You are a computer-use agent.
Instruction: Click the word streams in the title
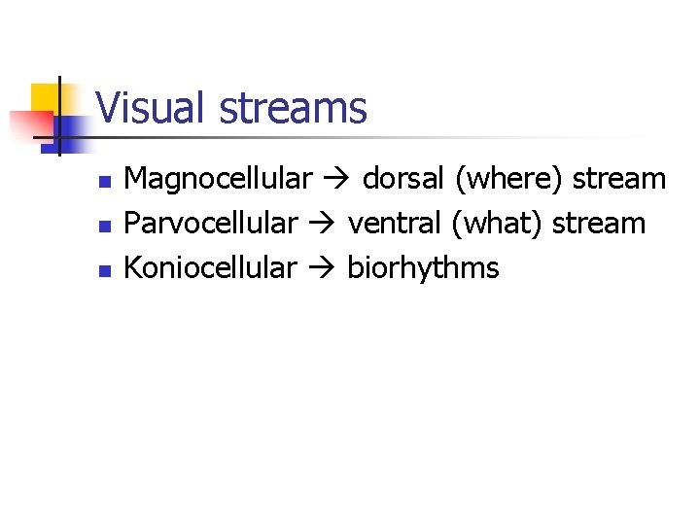[294, 107]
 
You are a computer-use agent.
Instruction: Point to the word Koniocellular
[210, 267]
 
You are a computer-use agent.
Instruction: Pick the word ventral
[396, 224]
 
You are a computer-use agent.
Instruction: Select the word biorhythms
[423, 268]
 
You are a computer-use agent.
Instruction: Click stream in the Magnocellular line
[619, 180]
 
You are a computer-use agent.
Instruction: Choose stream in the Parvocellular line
[599, 225]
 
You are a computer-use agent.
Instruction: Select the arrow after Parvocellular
[322, 225]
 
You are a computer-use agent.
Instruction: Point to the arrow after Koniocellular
[322, 268]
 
